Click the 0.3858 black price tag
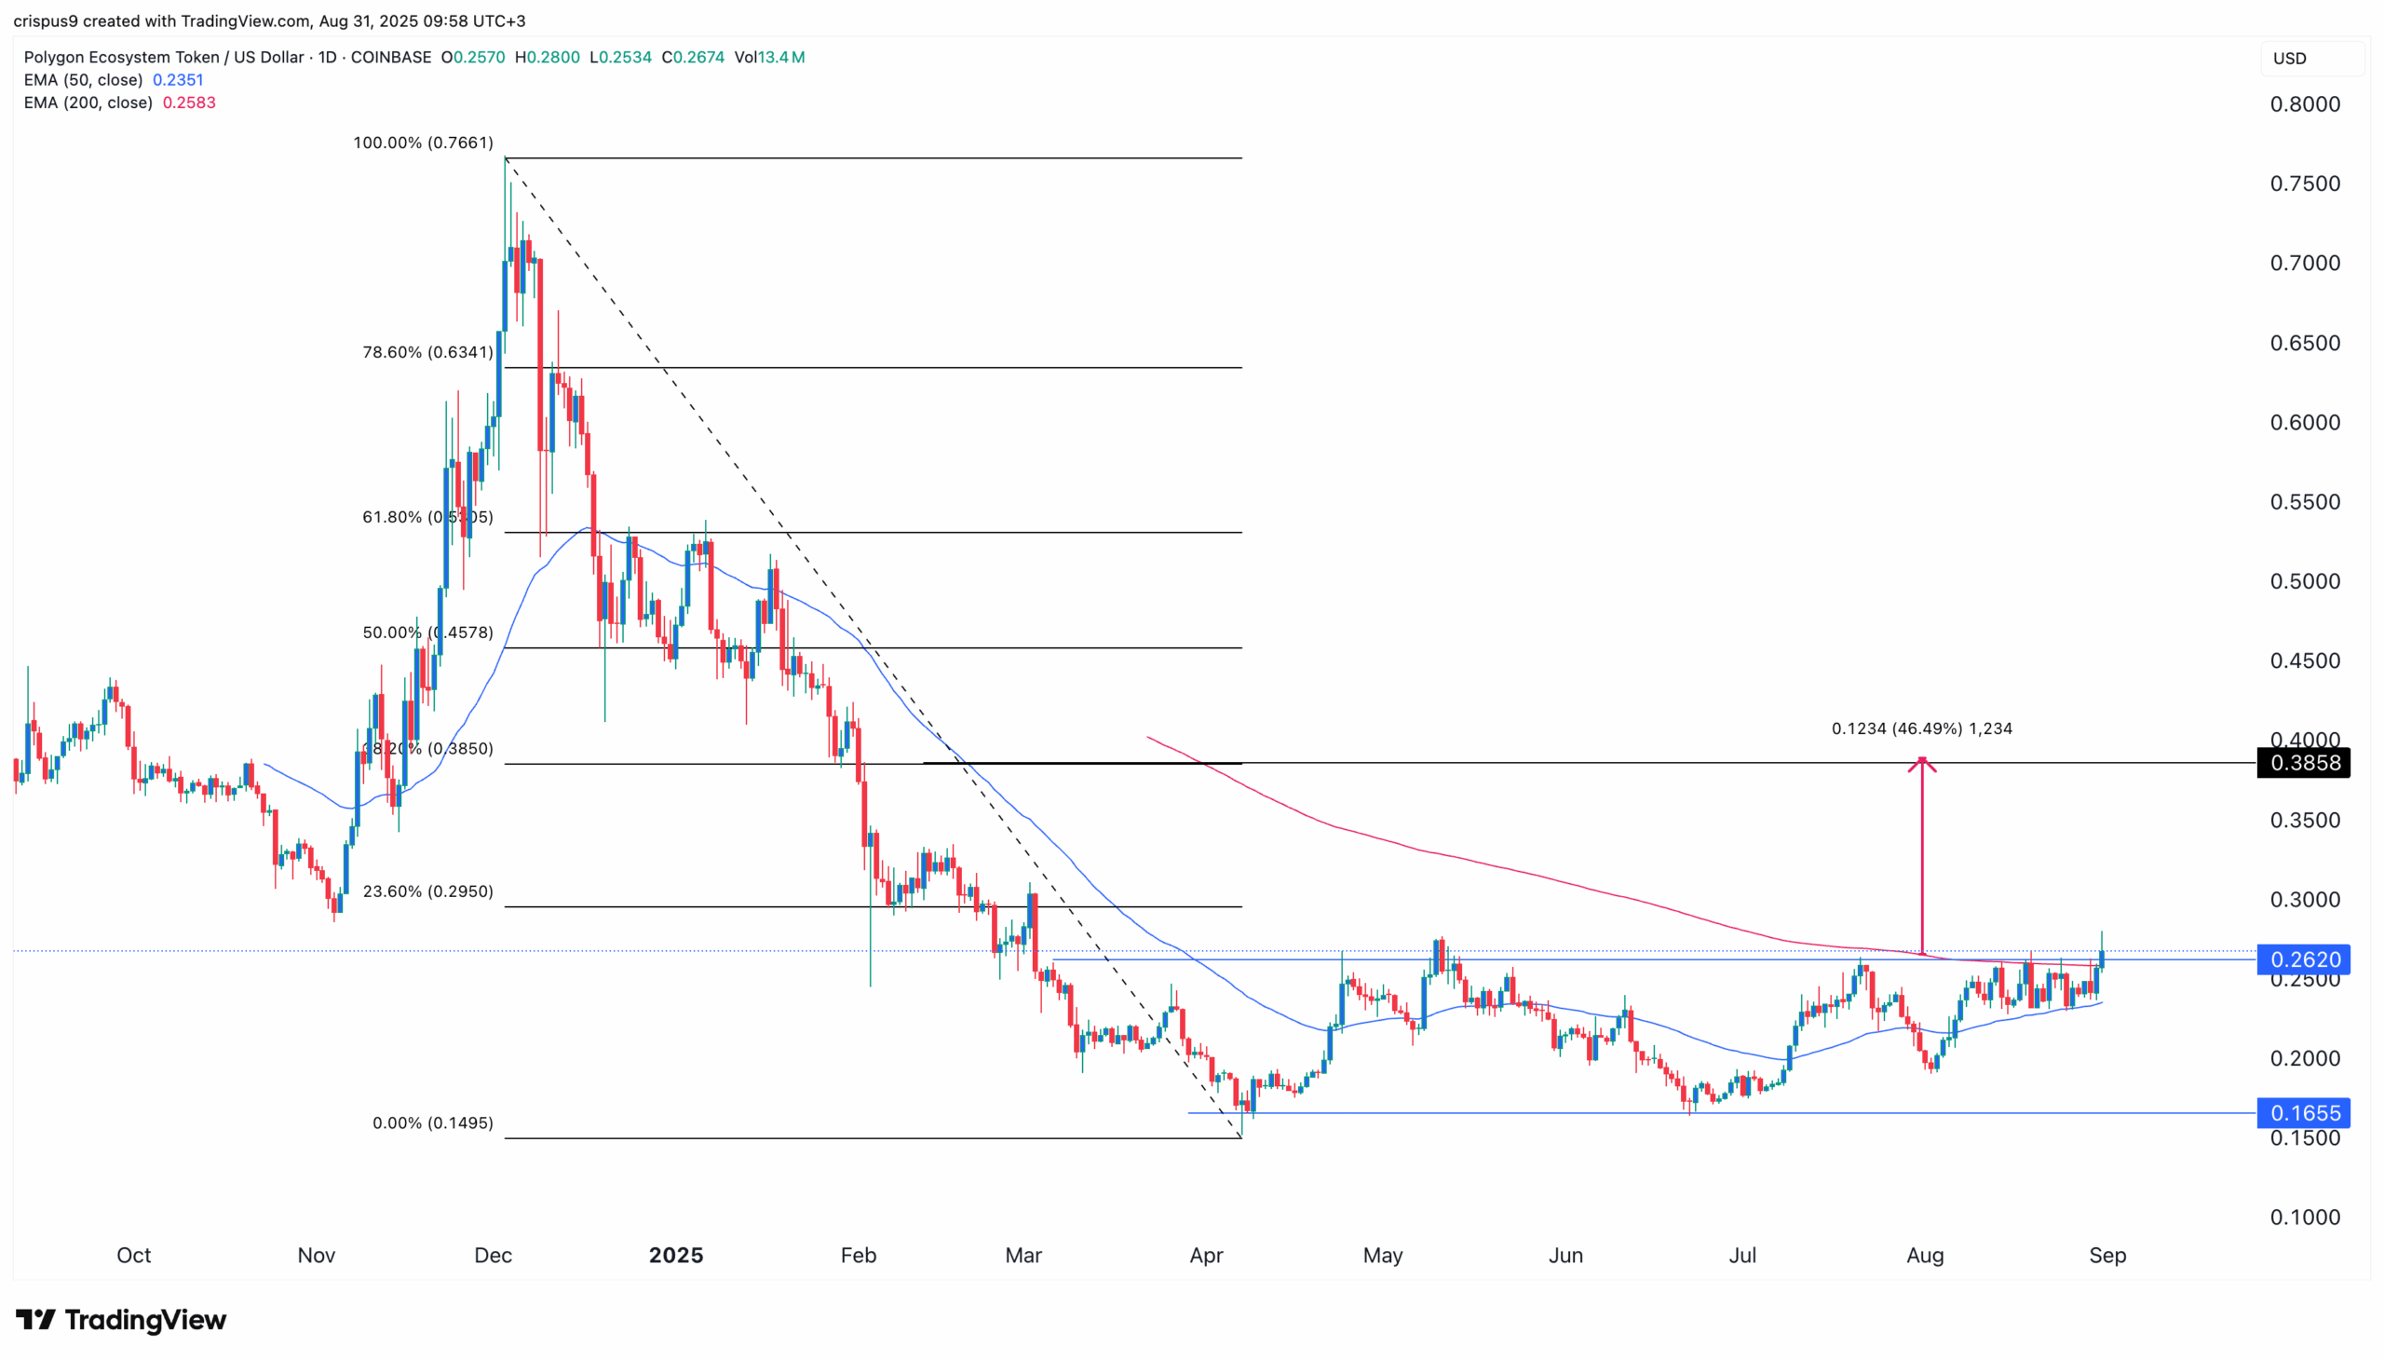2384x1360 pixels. click(2303, 763)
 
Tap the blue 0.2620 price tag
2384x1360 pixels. click(2303, 959)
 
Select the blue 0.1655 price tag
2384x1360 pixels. click(2303, 1112)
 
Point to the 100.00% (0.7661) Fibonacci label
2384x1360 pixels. click(423, 143)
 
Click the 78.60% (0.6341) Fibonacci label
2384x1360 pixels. click(427, 352)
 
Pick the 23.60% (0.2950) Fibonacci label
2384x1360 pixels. click(427, 891)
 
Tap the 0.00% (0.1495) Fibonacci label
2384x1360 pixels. click(432, 1122)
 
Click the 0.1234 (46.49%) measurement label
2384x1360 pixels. click(1921, 728)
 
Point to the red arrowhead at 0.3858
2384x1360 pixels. click(1921, 764)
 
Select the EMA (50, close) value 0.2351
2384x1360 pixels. click(178, 80)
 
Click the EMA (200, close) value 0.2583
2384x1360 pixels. click(189, 102)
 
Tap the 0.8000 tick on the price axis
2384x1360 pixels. click(2305, 104)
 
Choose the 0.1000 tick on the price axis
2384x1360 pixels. click(2305, 1217)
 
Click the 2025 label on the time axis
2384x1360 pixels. click(676, 1256)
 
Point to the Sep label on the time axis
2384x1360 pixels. click(2106, 1256)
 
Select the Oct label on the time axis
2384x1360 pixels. click(133, 1256)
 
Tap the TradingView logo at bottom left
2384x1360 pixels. click(121, 1320)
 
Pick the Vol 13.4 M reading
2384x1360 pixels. click(769, 57)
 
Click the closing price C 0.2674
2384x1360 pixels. click(693, 57)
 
